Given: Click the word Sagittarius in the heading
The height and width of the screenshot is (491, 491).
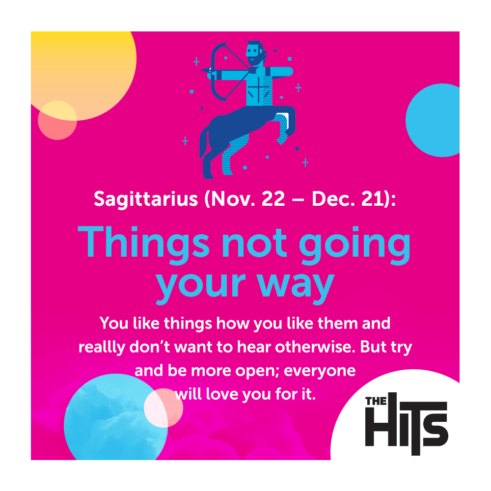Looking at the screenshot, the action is point(146,199).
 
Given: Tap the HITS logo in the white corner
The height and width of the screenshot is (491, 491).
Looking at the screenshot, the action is point(407,423).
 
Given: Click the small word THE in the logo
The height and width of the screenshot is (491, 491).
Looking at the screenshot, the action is point(376,401).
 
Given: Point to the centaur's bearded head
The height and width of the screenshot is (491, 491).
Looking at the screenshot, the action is point(255,53).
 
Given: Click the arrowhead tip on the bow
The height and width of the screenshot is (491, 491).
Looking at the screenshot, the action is point(201,70).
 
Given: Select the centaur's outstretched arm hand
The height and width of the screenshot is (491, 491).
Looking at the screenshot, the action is point(288,72).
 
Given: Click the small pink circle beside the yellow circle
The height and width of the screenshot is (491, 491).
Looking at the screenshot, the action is point(57,120).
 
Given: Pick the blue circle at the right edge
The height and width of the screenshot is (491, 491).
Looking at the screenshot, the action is point(433,120).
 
